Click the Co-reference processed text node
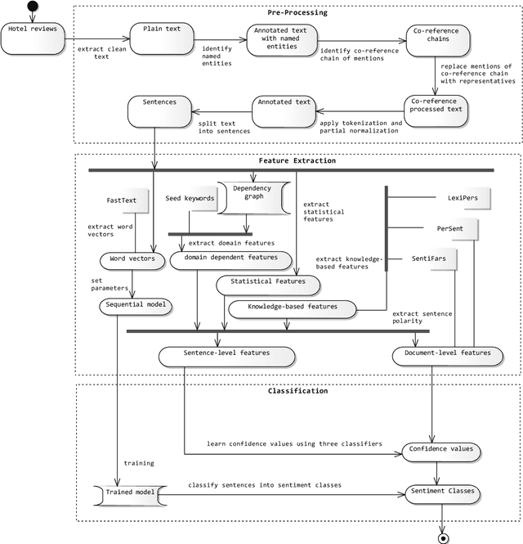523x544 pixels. (438, 110)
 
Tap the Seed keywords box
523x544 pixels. (190, 199)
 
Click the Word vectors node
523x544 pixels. (132, 261)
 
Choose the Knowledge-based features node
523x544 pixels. (292, 308)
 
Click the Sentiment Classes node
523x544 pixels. (440, 493)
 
